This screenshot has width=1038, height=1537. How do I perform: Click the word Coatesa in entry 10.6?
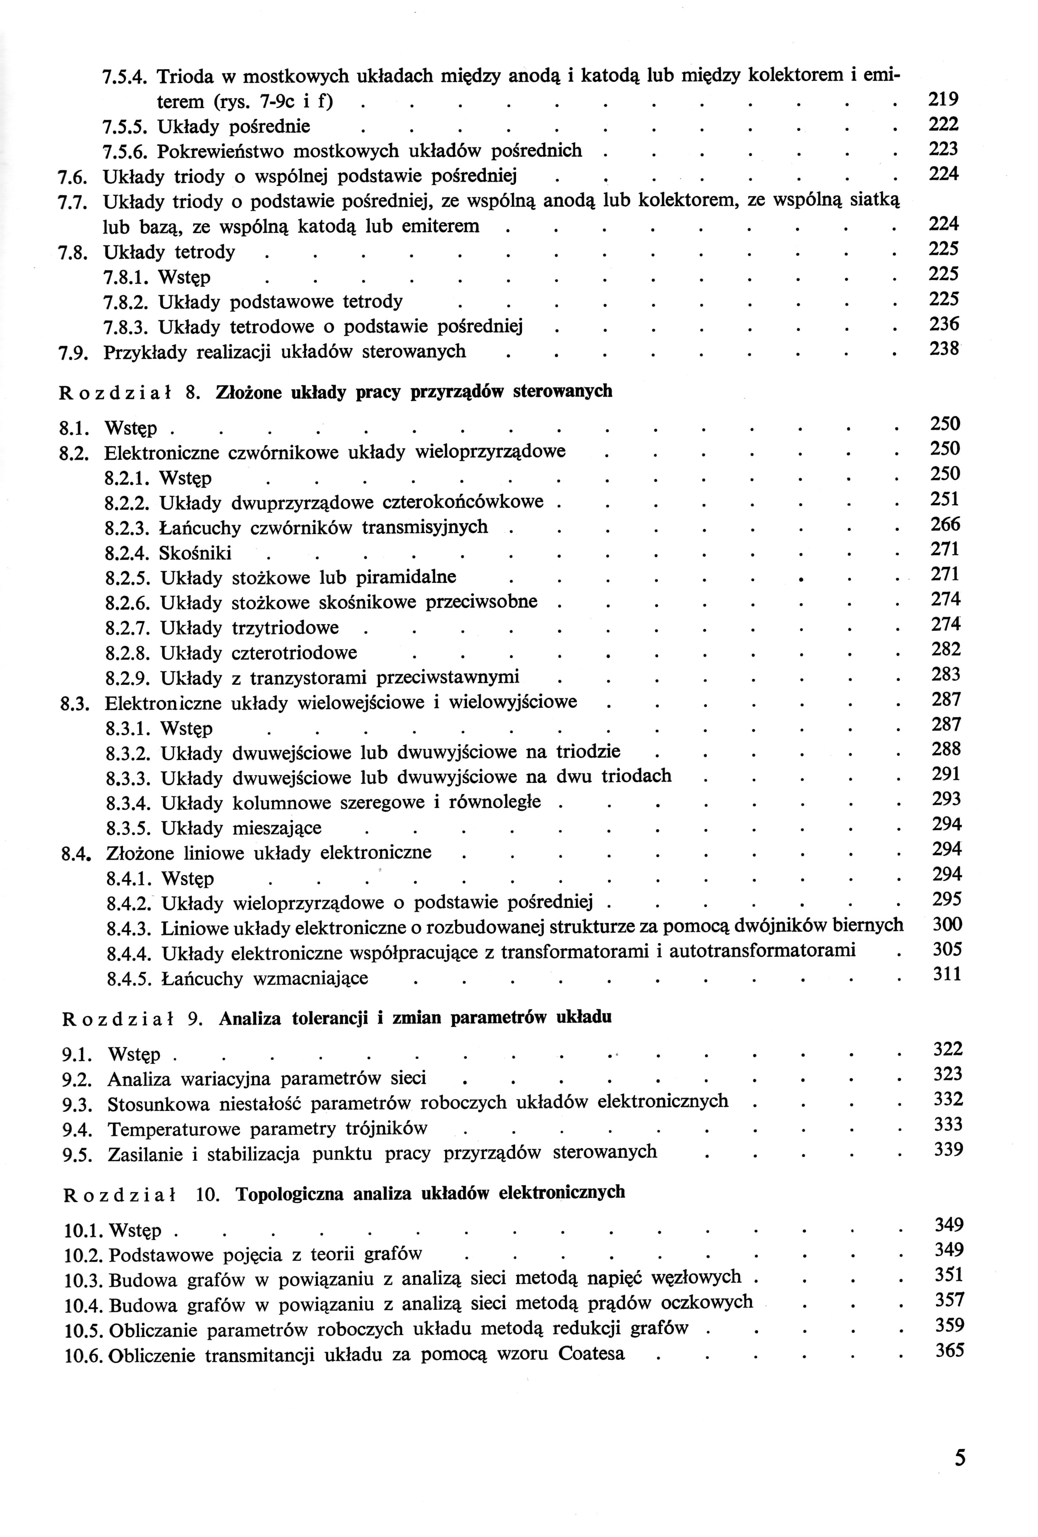click(x=591, y=1353)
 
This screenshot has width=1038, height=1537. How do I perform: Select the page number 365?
click(x=949, y=1350)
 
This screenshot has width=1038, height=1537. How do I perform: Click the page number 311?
click(x=947, y=974)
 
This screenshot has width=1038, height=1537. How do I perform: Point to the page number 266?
click(x=945, y=525)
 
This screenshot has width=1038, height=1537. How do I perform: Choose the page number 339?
click(x=948, y=1150)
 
